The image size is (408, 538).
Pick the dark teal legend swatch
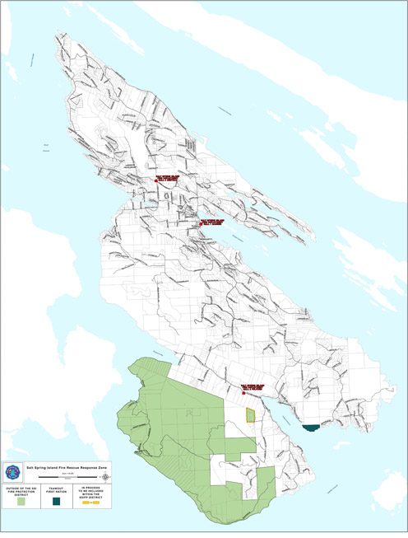coord(58,501)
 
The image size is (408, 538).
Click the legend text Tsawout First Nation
coord(58,489)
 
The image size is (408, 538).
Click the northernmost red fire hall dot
coord(155,180)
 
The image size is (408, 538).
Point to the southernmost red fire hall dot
coord(244,394)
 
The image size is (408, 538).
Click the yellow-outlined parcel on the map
coord(251,414)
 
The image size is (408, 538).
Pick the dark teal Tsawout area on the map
coord(311,428)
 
